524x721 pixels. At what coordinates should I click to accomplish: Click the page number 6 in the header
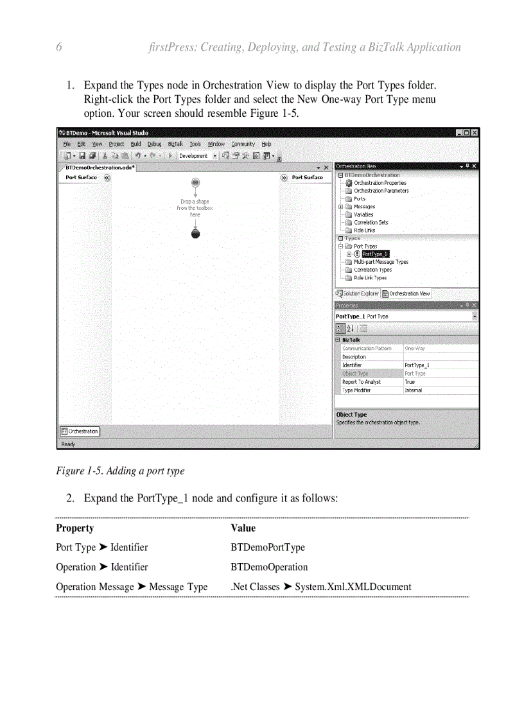(59, 47)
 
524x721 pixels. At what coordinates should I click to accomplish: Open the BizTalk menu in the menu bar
(175, 144)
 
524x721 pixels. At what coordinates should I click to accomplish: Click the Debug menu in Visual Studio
(155, 144)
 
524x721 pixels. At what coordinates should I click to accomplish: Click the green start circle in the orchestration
(195, 183)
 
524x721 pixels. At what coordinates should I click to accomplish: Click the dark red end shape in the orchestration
(195, 233)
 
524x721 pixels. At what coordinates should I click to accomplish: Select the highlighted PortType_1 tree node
(376, 254)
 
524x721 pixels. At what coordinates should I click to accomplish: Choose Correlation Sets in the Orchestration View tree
(371, 222)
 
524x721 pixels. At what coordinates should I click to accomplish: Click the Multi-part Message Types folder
(381, 262)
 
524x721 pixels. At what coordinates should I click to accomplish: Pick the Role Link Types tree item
(370, 278)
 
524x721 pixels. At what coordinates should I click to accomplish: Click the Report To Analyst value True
(410, 382)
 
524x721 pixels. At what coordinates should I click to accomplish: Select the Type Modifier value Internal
(413, 390)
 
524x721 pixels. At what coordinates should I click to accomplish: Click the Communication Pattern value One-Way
(415, 349)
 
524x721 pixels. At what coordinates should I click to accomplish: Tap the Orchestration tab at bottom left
(80, 431)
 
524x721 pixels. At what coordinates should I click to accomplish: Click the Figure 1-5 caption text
(120, 471)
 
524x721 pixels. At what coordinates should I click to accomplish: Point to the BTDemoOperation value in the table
(269, 567)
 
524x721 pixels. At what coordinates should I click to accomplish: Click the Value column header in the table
(243, 528)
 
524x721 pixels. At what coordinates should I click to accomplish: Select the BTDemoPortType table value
(268, 548)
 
